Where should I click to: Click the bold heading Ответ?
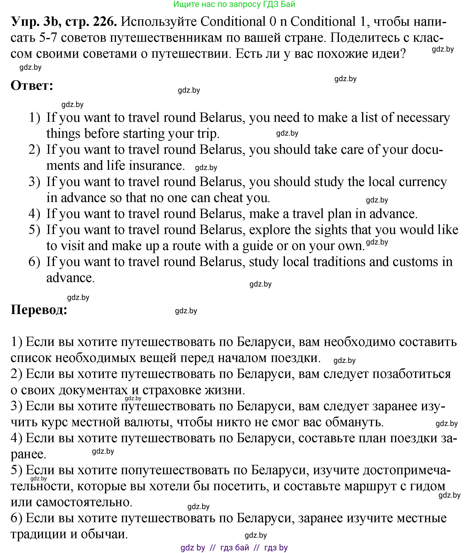click(x=32, y=86)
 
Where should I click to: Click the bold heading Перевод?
click(x=39, y=310)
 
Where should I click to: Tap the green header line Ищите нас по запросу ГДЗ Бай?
click(x=234, y=4)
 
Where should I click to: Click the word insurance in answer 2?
click(x=157, y=165)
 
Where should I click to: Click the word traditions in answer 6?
click(x=339, y=262)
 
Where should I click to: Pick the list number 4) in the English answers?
click(x=34, y=214)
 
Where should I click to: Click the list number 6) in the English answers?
click(x=34, y=262)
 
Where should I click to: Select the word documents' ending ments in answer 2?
click(x=63, y=165)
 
